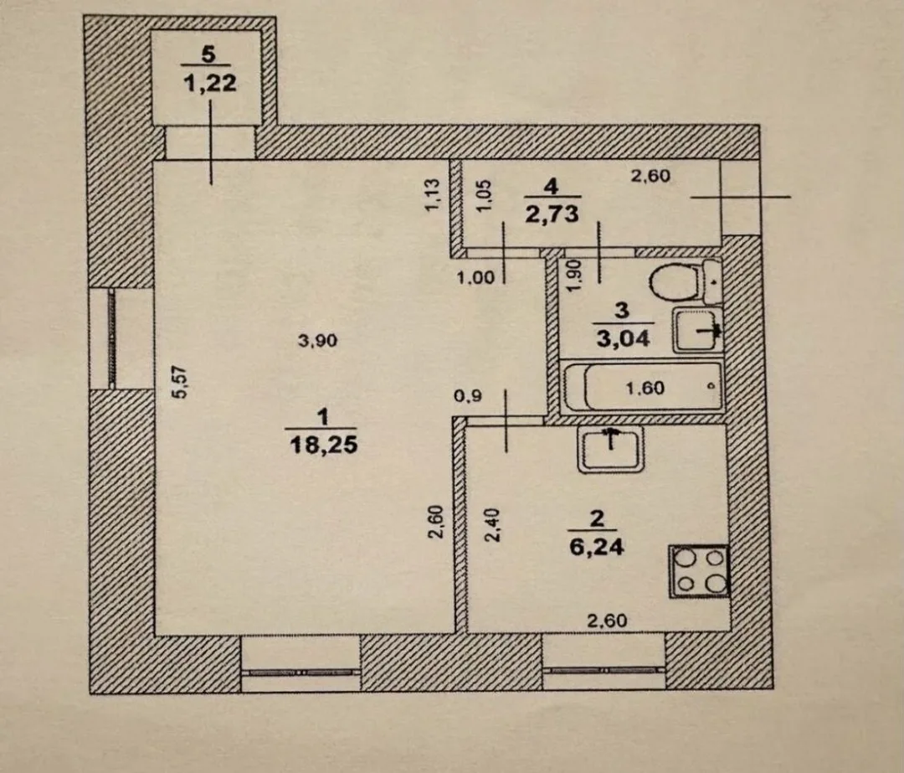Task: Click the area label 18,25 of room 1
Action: (x=323, y=445)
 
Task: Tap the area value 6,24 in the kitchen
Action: (x=597, y=546)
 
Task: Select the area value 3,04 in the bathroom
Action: (x=624, y=338)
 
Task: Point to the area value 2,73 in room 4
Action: (x=552, y=214)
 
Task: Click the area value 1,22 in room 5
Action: (x=210, y=83)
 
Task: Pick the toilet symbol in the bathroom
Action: (x=685, y=281)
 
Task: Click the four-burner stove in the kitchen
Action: (x=699, y=571)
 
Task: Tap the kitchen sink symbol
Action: (x=610, y=450)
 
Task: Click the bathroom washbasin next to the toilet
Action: (x=697, y=330)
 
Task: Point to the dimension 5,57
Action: (x=182, y=383)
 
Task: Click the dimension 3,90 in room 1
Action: (x=317, y=341)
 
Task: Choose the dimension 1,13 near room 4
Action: (x=432, y=196)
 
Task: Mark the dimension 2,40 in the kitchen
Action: (x=492, y=524)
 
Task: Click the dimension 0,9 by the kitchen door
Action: (x=468, y=396)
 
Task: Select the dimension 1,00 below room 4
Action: (x=475, y=278)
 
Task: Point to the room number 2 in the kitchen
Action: (x=597, y=518)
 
